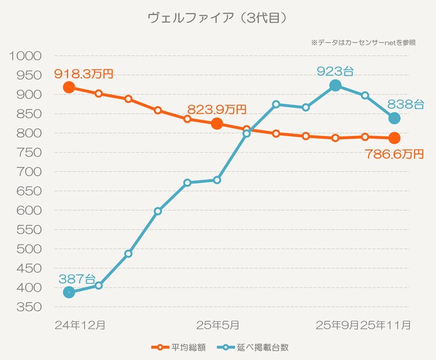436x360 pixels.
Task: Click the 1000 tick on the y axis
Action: click(x=26, y=56)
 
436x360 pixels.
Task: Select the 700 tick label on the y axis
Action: click(x=30, y=172)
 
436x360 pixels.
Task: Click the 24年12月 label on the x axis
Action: click(x=80, y=325)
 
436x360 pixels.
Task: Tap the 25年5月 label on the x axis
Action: click(x=217, y=325)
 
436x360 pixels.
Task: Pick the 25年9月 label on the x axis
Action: click(x=337, y=325)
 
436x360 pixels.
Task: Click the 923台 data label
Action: click(x=335, y=71)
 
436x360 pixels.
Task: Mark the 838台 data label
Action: click(x=405, y=103)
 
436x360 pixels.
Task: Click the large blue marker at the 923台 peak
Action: click(x=335, y=85)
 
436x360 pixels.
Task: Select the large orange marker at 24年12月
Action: click(x=69, y=87)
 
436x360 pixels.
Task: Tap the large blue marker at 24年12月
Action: click(x=69, y=293)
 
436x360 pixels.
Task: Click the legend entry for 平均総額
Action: click(x=179, y=347)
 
